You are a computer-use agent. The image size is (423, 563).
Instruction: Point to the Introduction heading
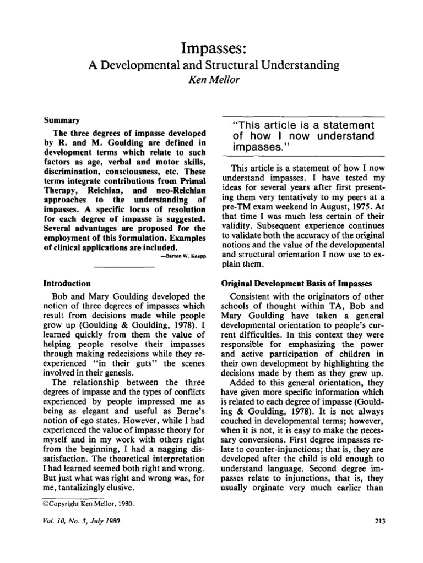pyautogui.click(x=67, y=284)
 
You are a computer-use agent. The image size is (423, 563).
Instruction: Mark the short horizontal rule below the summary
pyautogui.click(x=124, y=267)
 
